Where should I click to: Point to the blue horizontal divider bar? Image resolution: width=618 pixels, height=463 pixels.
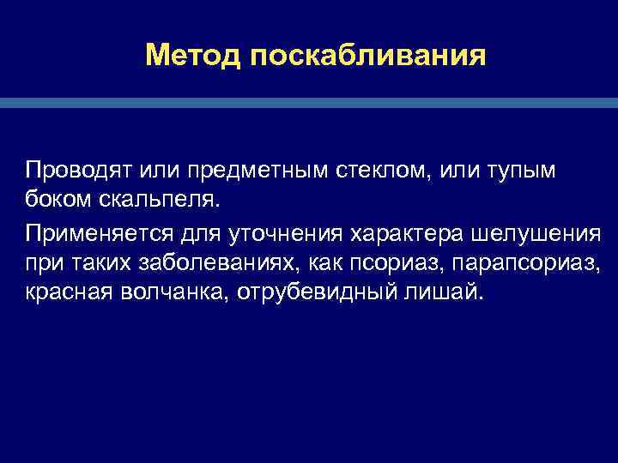[x=309, y=102]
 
